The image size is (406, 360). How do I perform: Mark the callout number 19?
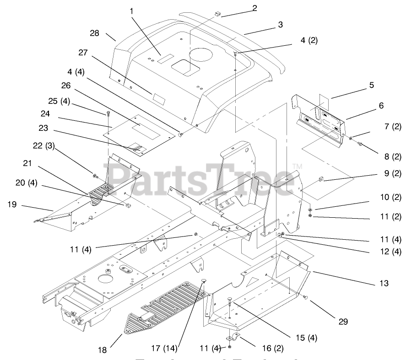pyautogui.click(x=12, y=204)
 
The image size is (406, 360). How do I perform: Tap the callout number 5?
pyautogui.click(x=372, y=85)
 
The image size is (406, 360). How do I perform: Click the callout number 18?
pyautogui.click(x=102, y=350)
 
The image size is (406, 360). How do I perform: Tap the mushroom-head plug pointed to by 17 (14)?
pyautogui.click(x=204, y=281)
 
